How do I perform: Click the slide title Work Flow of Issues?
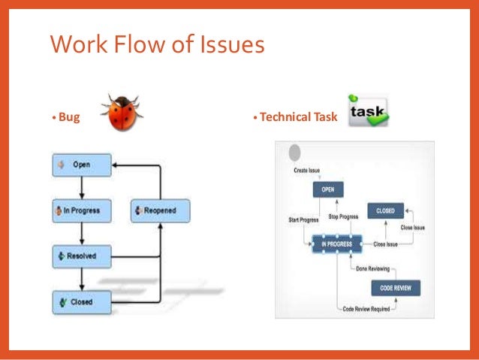157,45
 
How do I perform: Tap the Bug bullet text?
68,118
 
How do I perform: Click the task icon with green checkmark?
368,110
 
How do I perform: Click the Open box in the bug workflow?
82,165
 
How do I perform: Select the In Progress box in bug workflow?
82,210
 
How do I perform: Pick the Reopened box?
161,210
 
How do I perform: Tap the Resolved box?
82,256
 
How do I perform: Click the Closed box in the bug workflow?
82,301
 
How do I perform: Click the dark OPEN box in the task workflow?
328,190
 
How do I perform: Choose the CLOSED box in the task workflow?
385,210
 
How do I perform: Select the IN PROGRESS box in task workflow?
336,244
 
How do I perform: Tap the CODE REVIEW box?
395,288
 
